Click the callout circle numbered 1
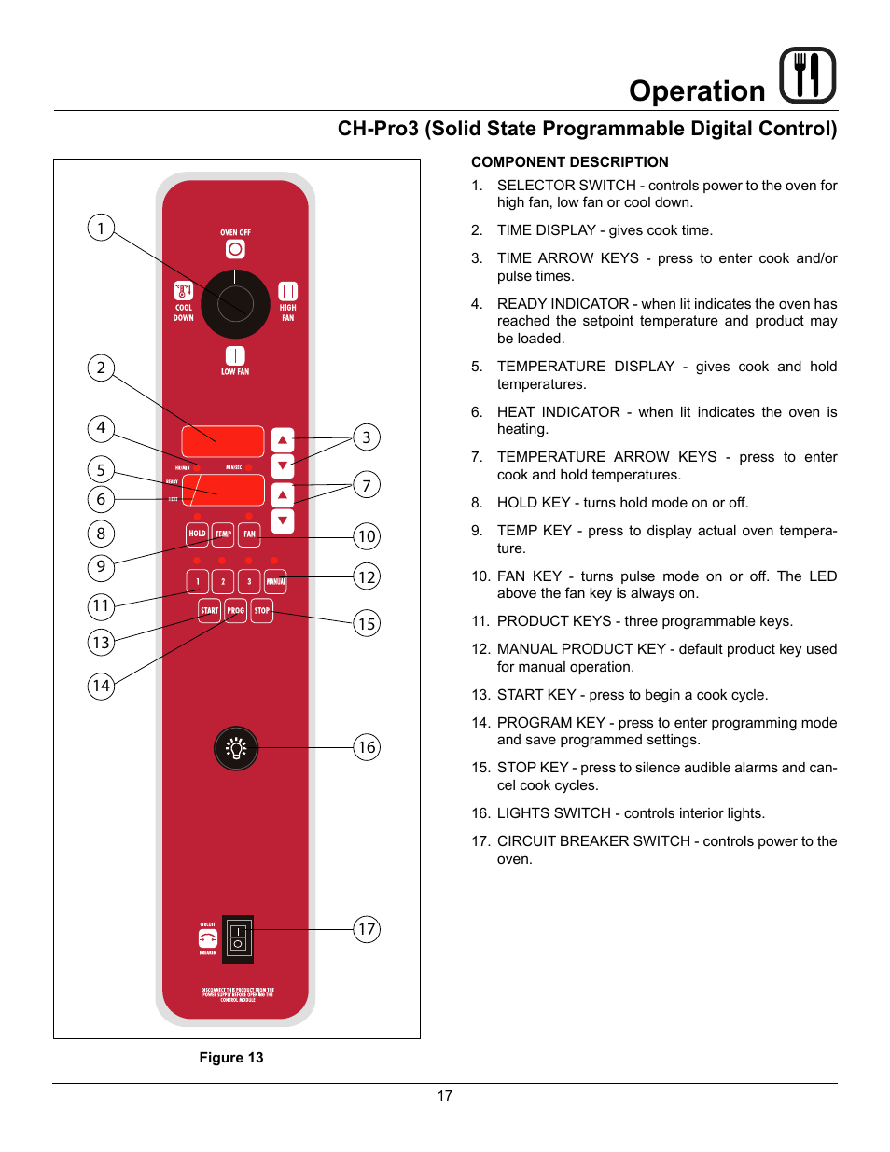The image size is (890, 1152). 101,228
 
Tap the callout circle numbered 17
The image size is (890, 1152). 367,929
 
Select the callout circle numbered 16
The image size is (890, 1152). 367,747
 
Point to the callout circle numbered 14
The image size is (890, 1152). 101,687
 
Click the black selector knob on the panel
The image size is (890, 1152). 235,304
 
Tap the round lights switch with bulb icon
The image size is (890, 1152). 236,748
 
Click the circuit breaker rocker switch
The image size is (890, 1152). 238,938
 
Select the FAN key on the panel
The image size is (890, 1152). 249,534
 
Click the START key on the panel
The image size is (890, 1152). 209,611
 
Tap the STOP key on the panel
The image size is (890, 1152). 262,611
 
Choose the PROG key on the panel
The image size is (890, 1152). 235,611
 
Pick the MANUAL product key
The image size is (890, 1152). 276,582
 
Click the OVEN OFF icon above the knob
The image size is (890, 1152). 235,249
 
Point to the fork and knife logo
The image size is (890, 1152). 807,76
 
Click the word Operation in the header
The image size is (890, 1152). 697,91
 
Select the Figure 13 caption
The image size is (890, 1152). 231,1058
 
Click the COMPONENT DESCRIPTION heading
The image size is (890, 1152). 569,162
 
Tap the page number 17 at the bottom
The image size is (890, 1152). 445,1096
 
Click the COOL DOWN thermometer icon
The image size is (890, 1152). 184,291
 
